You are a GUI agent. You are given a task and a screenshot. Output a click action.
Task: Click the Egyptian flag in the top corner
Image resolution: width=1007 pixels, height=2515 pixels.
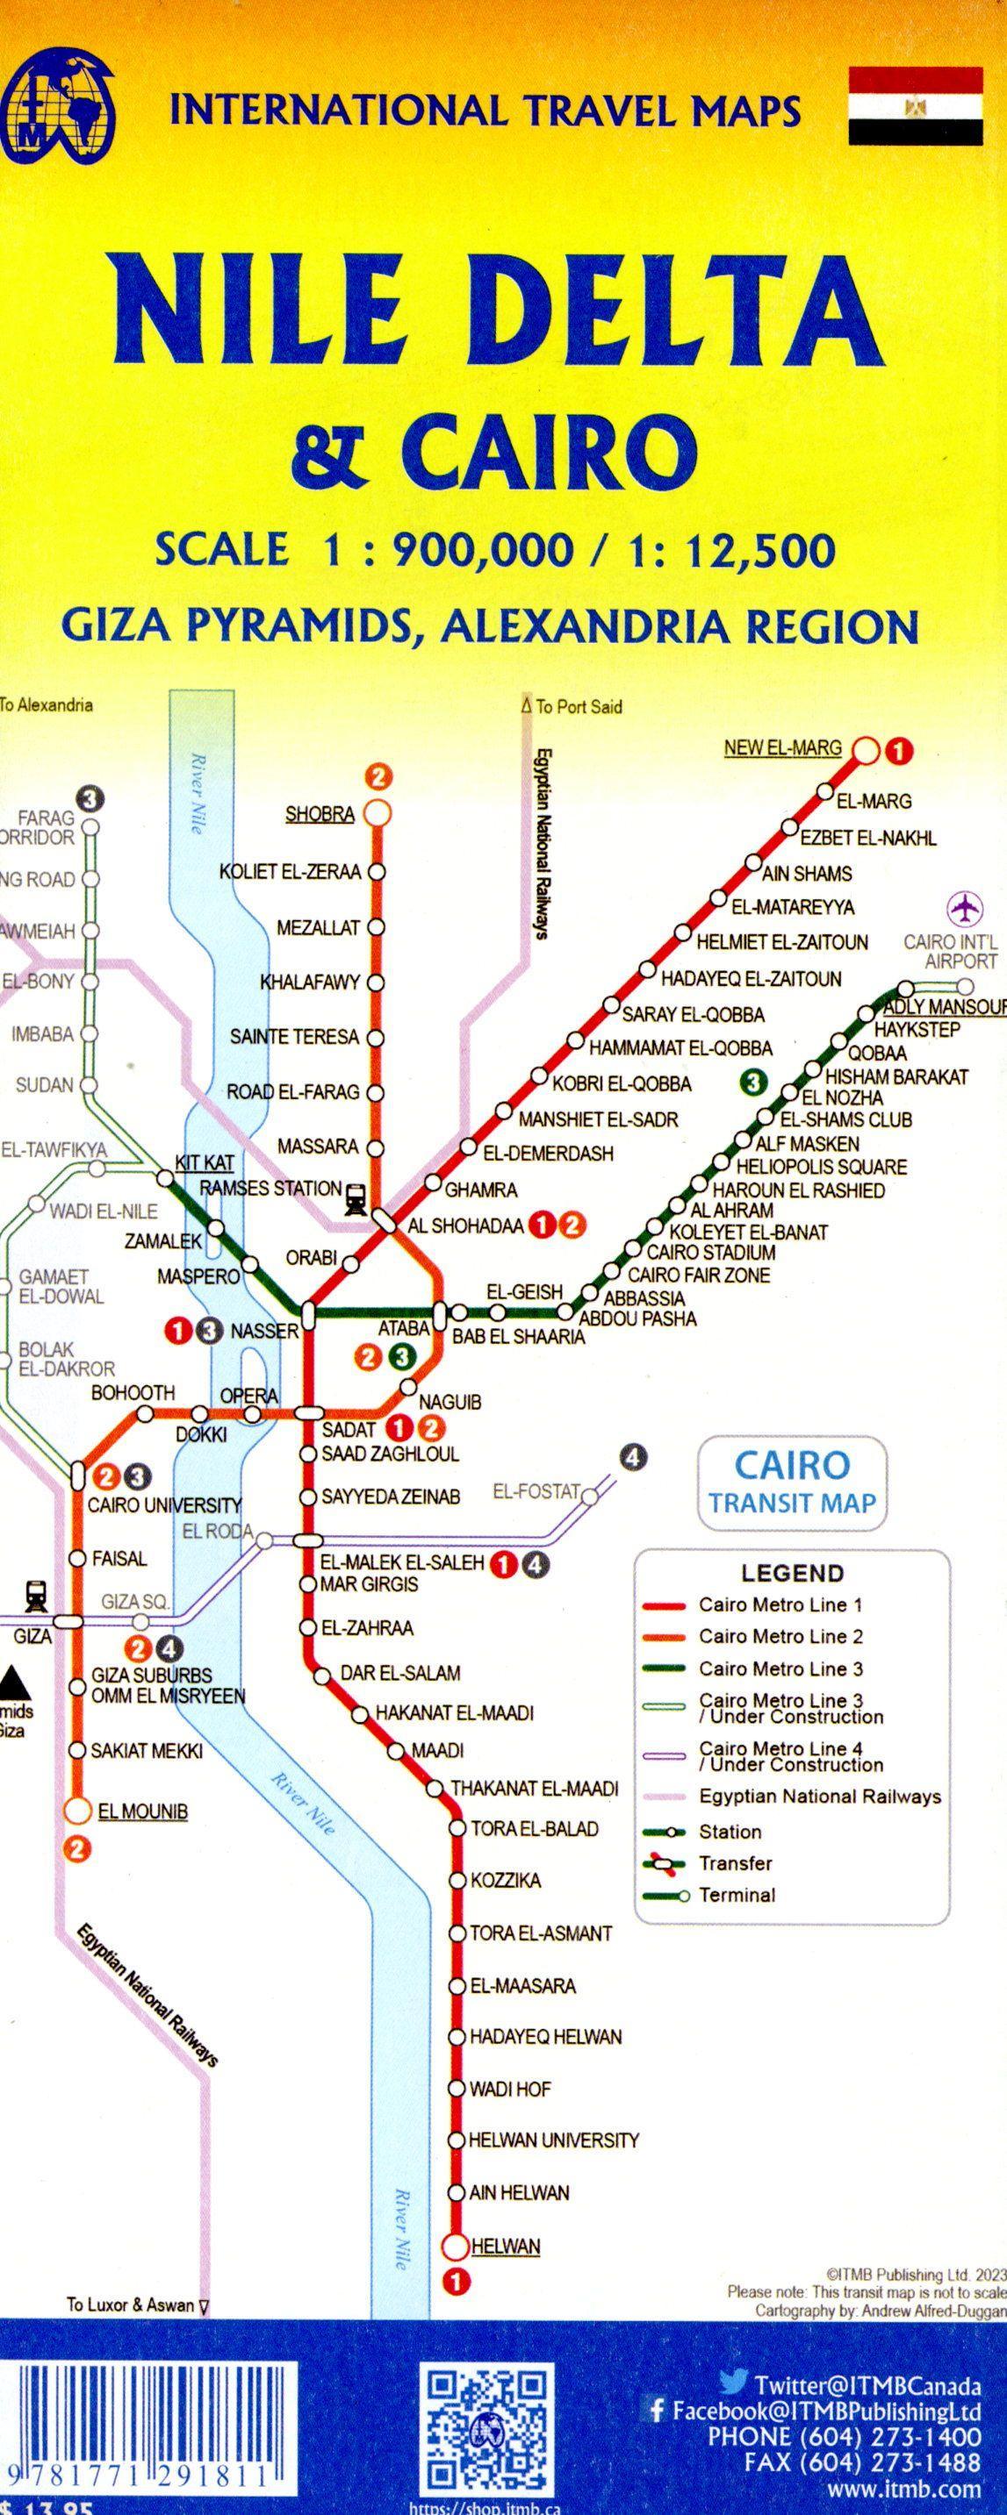(x=915, y=107)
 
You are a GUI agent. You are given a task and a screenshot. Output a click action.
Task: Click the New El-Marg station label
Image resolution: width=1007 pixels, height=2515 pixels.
(x=781, y=748)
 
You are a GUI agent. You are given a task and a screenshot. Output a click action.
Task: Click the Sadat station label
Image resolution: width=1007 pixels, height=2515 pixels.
(x=349, y=1429)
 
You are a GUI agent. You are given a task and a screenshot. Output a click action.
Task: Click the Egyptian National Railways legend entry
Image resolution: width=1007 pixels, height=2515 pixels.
(x=818, y=1797)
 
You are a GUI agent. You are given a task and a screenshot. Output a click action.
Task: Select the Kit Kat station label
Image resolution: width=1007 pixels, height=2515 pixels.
(x=205, y=1163)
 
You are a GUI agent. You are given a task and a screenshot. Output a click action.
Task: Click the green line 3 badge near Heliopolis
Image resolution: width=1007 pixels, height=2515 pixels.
(x=752, y=1082)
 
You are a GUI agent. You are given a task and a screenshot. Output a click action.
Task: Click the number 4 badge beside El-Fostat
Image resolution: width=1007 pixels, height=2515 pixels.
(x=633, y=1459)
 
